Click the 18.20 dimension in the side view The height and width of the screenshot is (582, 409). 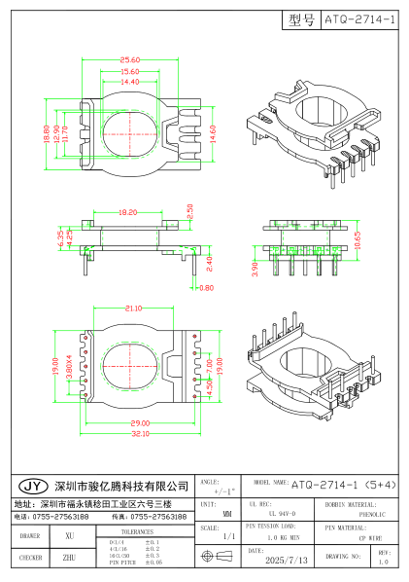128,211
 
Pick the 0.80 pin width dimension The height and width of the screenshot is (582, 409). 206,288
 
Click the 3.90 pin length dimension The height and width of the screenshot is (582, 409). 256,268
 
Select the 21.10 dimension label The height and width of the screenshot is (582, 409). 135,309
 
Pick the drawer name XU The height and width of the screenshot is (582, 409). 69,536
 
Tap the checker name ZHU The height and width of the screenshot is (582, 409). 69,559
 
